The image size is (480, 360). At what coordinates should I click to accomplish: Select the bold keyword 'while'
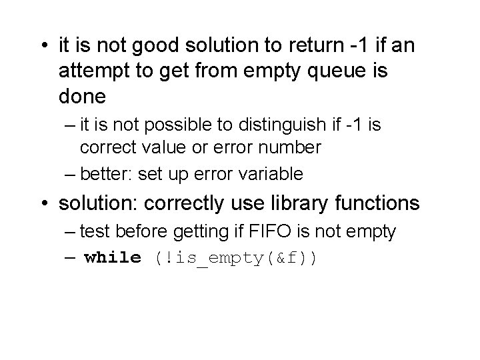[113, 257]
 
